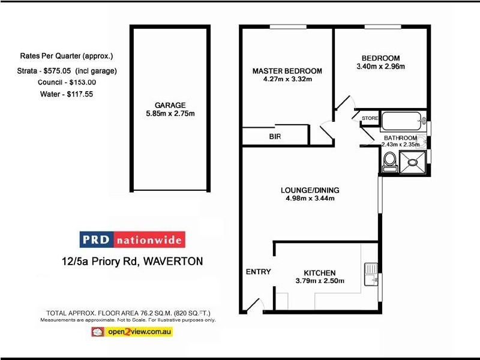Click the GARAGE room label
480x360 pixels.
(x=170, y=105)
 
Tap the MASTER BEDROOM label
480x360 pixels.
(x=287, y=70)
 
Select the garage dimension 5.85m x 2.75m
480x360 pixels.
(x=170, y=114)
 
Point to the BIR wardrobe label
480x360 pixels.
(x=275, y=137)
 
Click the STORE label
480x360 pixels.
(x=370, y=118)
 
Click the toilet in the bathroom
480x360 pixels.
(x=389, y=160)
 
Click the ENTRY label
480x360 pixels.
(x=259, y=272)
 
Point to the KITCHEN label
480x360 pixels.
(x=315, y=273)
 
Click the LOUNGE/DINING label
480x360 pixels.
(x=310, y=191)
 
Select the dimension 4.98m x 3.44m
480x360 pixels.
(x=310, y=199)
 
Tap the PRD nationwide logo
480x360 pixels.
(x=133, y=240)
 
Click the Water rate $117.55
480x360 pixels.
(x=80, y=94)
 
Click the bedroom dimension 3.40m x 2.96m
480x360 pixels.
(x=380, y=66)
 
